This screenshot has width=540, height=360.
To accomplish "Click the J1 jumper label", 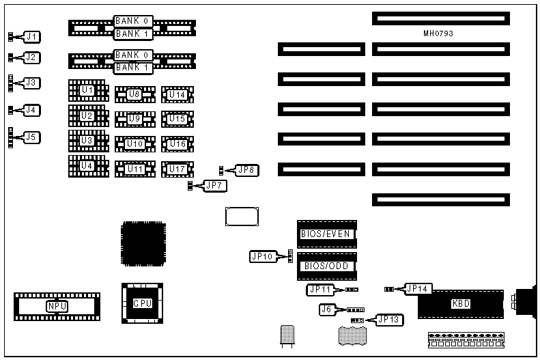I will (x=32, y=36).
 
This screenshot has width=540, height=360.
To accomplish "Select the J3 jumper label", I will (x=32, y=83).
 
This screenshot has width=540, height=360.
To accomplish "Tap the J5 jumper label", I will (x=32, y=137).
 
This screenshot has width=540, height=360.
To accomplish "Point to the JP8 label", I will (x=246, y=169).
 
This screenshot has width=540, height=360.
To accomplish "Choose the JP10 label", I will (x=262, y=257).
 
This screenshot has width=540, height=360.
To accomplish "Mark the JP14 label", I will (x=418, y=289).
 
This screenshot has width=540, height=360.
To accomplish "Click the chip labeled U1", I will (x=87, y=90).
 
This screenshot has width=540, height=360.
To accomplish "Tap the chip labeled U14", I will (x=177, y=95).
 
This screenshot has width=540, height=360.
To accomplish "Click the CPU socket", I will (x=142, y=303).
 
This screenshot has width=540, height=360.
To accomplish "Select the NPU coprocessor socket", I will (x=57, y=306).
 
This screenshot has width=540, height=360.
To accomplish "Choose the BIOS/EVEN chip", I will (x=326, y=234).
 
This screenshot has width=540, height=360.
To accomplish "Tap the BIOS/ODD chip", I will (x=326, y=266).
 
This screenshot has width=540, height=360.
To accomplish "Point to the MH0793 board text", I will (x=438, y=32).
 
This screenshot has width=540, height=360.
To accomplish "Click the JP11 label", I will (x=320, y=290).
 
